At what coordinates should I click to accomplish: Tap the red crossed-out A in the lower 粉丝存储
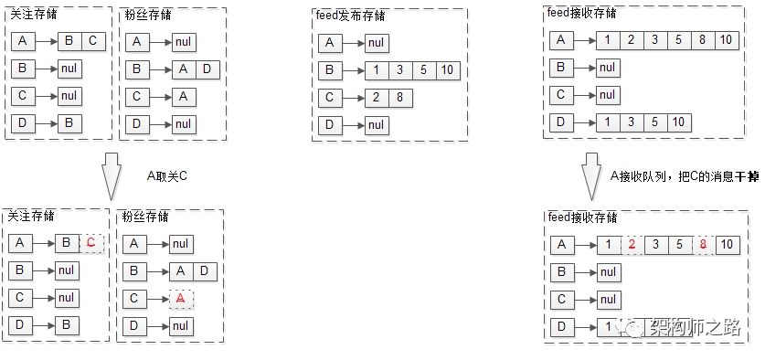[x=181, y=298]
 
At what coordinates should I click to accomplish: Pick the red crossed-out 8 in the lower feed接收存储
[x=702, y=244]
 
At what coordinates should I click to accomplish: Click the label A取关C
[x=166, y=175]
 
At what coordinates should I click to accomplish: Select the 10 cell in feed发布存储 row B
[x=444, y=70]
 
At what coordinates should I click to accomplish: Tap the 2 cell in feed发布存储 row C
[x=375, y=98]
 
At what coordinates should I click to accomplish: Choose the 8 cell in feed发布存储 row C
[x=398, y=98]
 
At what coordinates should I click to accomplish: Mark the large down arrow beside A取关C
[x=110, y=175]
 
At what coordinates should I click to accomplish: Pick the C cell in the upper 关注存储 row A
[x=92, y=41]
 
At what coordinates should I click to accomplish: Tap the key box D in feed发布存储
[x=330, y=125]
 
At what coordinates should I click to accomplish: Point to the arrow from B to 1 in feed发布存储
[x=352, y=70]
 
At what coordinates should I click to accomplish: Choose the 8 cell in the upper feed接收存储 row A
[x=702, y=39]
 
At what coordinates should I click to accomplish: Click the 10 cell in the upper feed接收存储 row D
[x=678, y=122]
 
